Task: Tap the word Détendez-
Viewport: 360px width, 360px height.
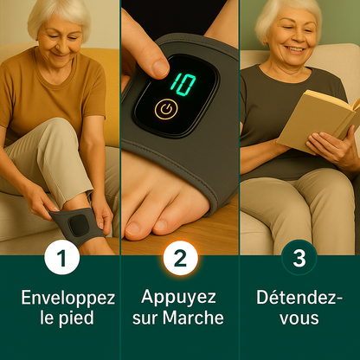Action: (x=299, y=298)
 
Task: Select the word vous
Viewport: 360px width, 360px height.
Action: (x=299, y=318)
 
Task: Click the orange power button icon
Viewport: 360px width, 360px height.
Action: (x=164, y=110)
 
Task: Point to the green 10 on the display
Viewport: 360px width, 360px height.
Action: (x=182, y=84)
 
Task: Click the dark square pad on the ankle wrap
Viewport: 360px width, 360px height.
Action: (x=80, y=224)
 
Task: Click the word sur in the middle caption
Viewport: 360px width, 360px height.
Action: (x=145, y=318)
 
